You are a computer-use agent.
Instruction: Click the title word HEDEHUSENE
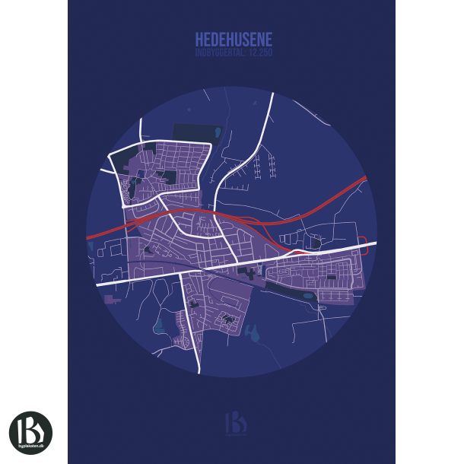[234, 39]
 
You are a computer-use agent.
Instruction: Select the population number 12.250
[259, 52]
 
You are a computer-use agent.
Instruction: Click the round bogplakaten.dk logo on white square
[30, 433]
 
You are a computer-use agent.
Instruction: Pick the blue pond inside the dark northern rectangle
[218, 132]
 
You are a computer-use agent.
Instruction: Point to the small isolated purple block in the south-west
[116, 302]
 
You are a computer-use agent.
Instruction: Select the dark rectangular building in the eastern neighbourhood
[332, 276]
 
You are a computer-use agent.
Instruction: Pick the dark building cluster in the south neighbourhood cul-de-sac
[227, 319]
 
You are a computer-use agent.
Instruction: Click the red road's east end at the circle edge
[365, 180]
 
